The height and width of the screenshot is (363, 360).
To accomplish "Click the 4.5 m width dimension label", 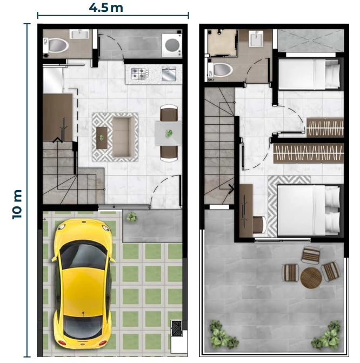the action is [x=106, y=8].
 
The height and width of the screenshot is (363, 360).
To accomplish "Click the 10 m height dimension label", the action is [x=17, y=204].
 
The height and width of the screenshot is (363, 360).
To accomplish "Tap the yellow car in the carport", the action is [x=83, y=285].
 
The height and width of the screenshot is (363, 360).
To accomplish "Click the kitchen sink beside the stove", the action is [x=169, y=73].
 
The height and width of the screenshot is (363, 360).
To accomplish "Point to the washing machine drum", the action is [x=172, y=45].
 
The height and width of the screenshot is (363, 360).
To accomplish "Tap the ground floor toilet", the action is [x=56, y=45].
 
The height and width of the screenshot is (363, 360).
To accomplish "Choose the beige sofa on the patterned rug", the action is [x=124, y=137].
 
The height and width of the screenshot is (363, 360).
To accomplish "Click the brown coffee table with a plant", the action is [x=102, y=138].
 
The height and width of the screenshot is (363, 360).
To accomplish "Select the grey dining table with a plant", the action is [x=169, y=133].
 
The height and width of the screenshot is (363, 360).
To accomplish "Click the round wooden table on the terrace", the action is [x=311, y=278].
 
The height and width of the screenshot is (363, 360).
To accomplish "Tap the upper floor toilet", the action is [x=221, y=70].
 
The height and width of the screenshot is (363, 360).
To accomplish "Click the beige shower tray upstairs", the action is [x=222, y=43].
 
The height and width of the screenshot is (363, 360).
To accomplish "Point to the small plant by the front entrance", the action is [x=132, y=217].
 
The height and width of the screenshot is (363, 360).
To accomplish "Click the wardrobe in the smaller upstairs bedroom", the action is [x=325, y=127].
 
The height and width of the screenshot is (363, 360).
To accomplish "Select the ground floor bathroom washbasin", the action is [x=79, y=34].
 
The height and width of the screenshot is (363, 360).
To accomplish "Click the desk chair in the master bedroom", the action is [x=259, y=225].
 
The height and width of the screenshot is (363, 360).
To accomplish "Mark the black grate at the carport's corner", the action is [x=177, y=328].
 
